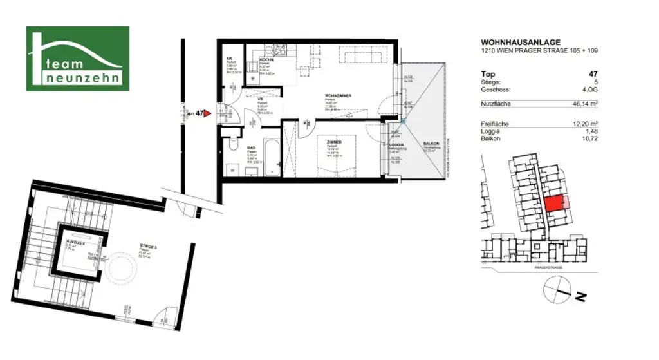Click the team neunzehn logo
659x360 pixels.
(77, 58)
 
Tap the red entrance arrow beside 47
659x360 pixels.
(208, 113)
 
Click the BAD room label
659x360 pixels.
(252, 147)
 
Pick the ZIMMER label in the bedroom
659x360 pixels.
(333, 141)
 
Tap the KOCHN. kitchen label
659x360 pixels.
(266, 59)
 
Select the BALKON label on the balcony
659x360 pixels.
(431, 144)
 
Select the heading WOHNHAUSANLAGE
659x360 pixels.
(515, 43)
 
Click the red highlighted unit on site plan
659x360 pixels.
(553, 204)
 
